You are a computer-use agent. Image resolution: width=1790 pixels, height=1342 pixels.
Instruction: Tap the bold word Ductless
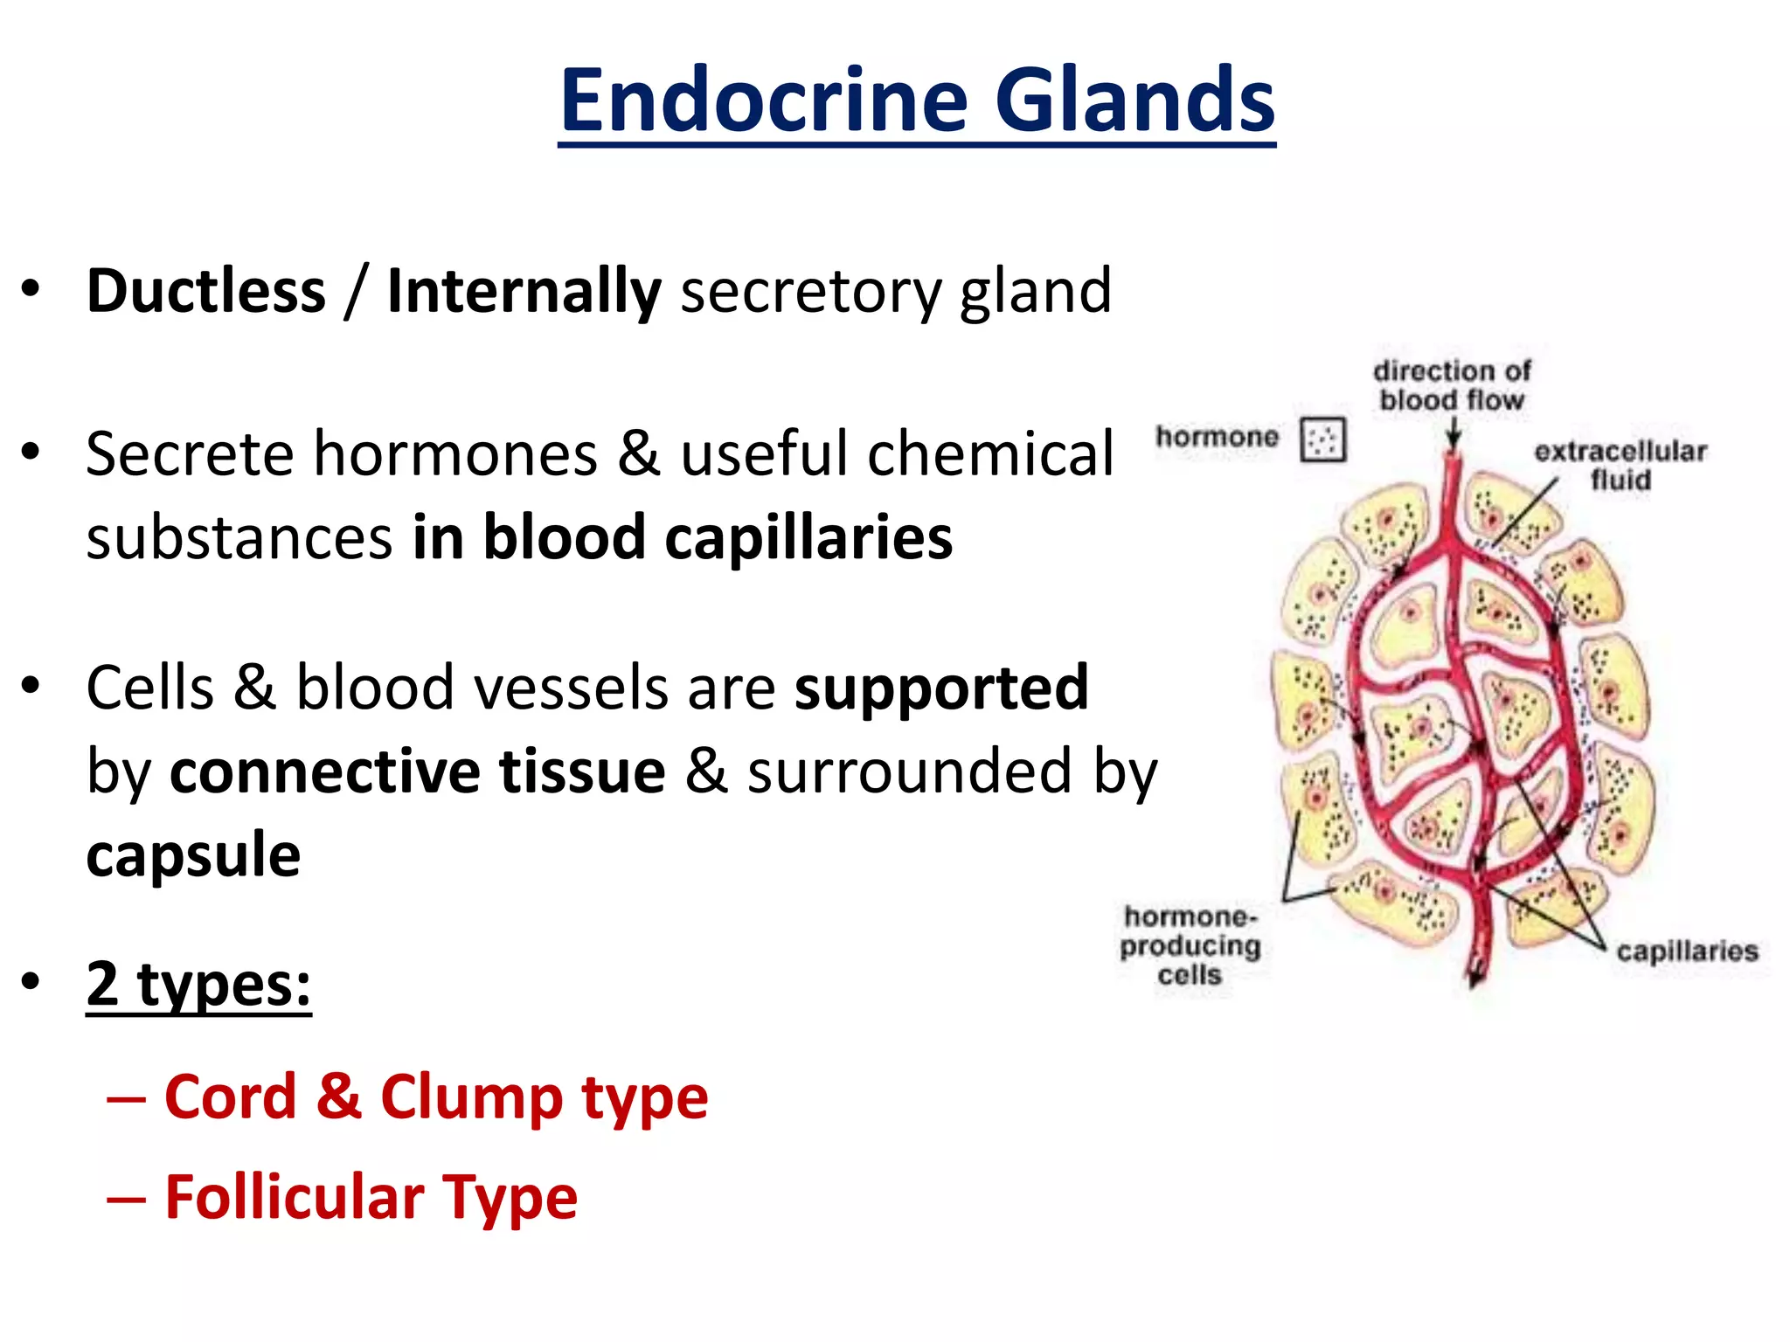tap(206, 291)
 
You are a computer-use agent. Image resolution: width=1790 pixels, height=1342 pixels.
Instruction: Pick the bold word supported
tap(941, 688)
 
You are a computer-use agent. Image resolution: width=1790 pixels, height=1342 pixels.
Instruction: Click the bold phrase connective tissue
tap(418, 771)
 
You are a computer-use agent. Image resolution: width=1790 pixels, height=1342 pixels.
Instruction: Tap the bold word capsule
tap(193, 854)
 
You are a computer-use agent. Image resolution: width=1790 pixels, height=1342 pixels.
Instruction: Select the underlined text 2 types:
tap(198, 985)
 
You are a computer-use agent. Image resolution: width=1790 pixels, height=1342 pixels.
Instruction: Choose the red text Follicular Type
tap(371, 1197)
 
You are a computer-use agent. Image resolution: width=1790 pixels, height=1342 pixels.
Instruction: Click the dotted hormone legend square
tap(1322, 439)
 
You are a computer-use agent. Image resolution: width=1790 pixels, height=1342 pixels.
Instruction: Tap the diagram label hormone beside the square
tap(1217, 436)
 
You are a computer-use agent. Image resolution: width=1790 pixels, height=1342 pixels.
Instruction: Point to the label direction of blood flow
tap(1452, 385)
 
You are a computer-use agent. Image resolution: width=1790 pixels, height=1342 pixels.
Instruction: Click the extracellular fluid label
tap(1620, 465)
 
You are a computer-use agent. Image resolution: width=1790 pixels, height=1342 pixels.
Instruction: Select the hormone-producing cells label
tap(1190, 945)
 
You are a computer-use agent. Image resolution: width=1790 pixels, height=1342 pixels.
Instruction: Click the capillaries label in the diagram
tap(1687, 951)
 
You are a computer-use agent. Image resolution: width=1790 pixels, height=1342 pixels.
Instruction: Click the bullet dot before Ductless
tap(31, 289)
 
